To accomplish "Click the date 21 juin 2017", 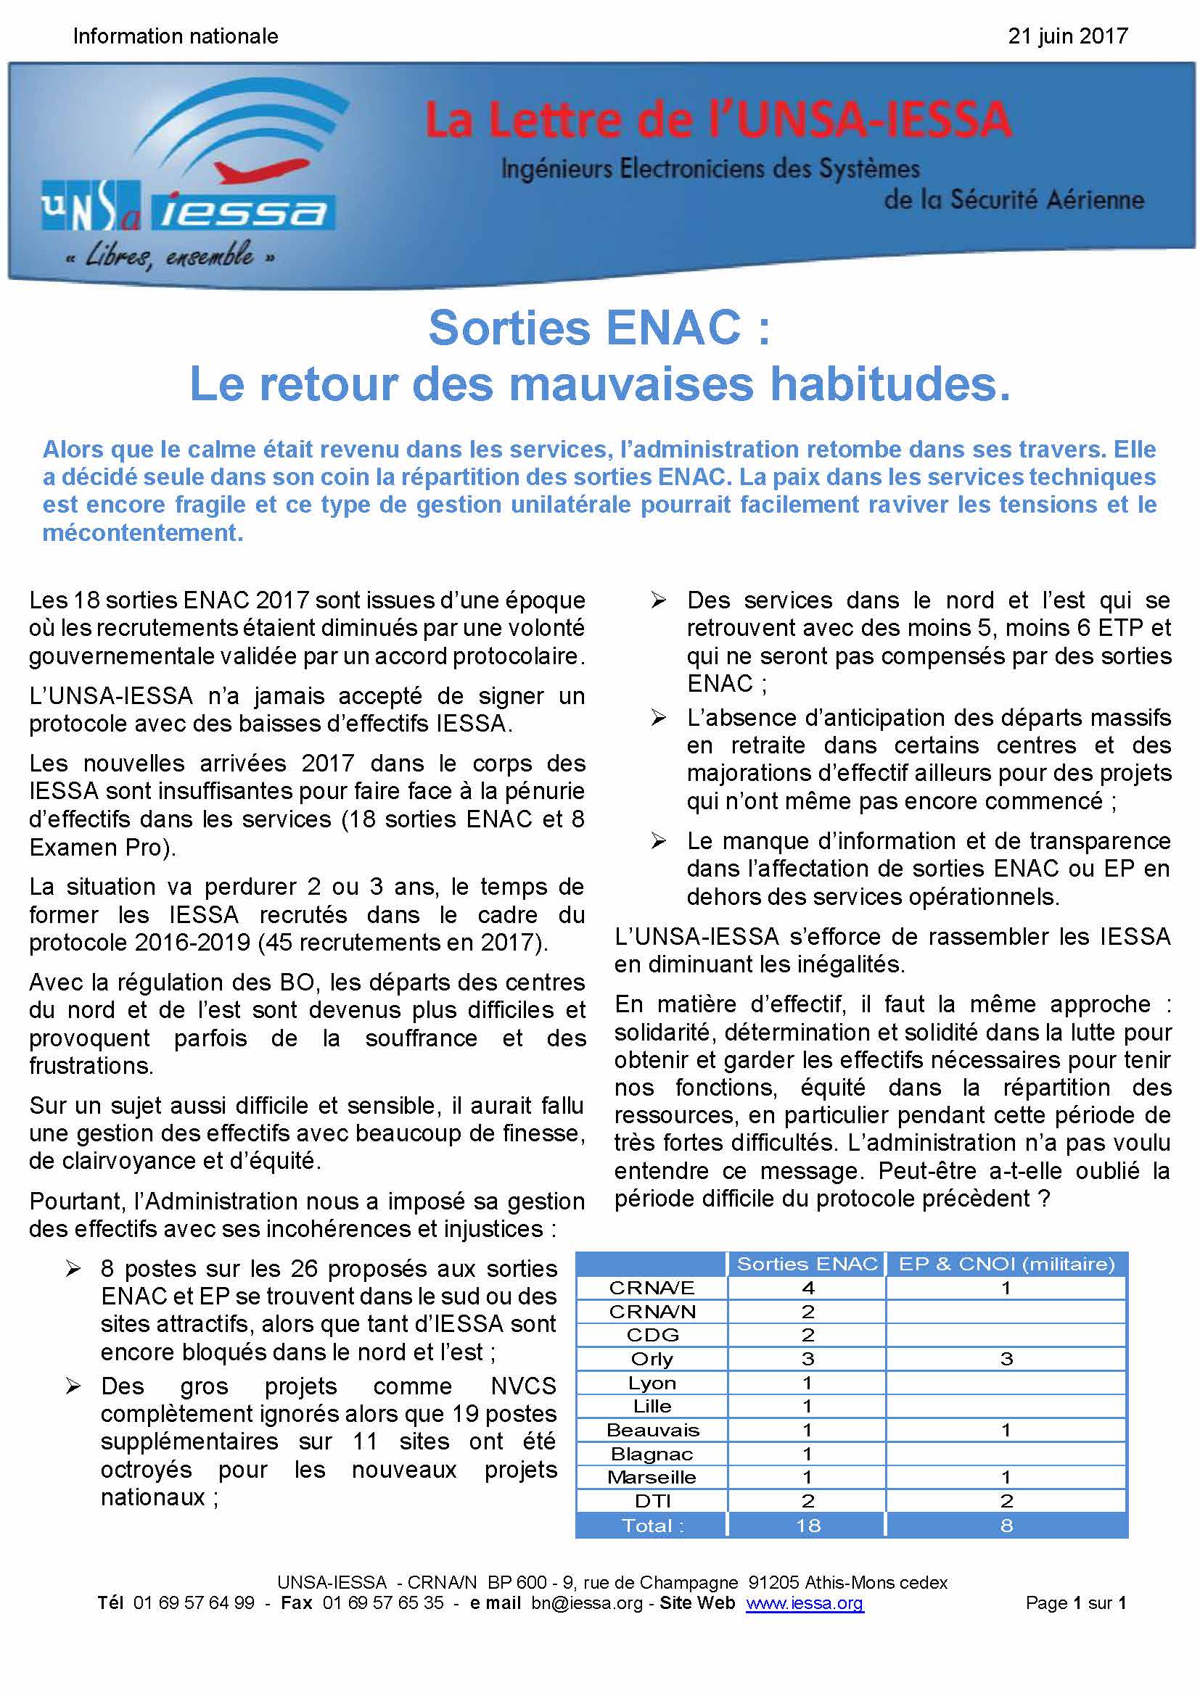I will click(1067, 36).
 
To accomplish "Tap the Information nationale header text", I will click(176, 36).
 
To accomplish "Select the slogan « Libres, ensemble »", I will click(170, 256).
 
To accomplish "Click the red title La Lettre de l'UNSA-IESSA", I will click(718, 120).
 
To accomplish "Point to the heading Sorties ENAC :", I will click(599, 328).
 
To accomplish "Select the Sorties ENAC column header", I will click(807, 1265).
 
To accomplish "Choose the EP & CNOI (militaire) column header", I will click(1006, 1265).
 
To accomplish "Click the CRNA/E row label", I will click(652, 1288).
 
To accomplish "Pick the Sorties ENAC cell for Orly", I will click(807, 1358).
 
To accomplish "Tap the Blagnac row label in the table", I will click(652, 1454).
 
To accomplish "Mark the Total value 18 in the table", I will click(807, 1526).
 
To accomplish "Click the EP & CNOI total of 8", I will click(1006, 1526).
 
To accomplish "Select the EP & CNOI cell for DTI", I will click(1006, 1501).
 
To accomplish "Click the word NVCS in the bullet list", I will click(523, 1386).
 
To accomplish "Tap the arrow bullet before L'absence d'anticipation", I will click(658, 718).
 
